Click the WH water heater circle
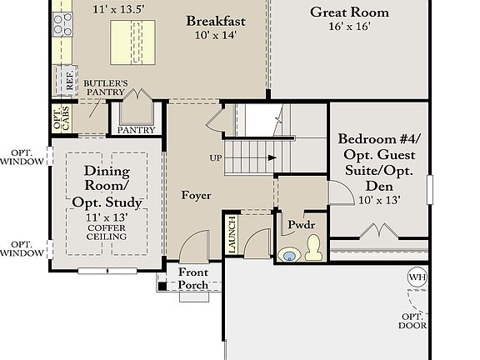pyautogui.click(x=417, y=277)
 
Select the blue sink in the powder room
pyautogui.click(x=289, y=255)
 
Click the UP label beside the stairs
pyautogui.click(x=216, y=158)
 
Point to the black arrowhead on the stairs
pyautogui.click(x=272, y=158)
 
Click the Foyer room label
pyautogui.click(x=196, y=195)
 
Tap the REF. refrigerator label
pyautogui.click(x=70, y=81)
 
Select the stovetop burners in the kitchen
pyautogui.click(x=62, y=24)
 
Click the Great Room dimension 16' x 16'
pyautogui.click(x=350, y=27)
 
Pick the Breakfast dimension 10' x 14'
pyautogui.click(x=216, y=35)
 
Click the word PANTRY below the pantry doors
pyautogui.click(x=136, y=130)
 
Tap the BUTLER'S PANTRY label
pyautogui.click(x=106, y=87)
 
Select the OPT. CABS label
pyautogui.click(x=62, y=117)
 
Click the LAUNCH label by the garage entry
pyautogui.click(x=232, y=235)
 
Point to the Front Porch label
pyautogui.click(x=193, y=278)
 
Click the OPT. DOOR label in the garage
pyautogui.click(x=412, y=321)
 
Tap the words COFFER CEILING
pyautogui.click(x=107, y=232)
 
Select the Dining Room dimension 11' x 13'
pyautogui.click(x=107, y=217)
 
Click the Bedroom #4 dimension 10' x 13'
pyautogui.click(x=379, y=200)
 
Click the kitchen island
pyautogui.click(x=132, y=42)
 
